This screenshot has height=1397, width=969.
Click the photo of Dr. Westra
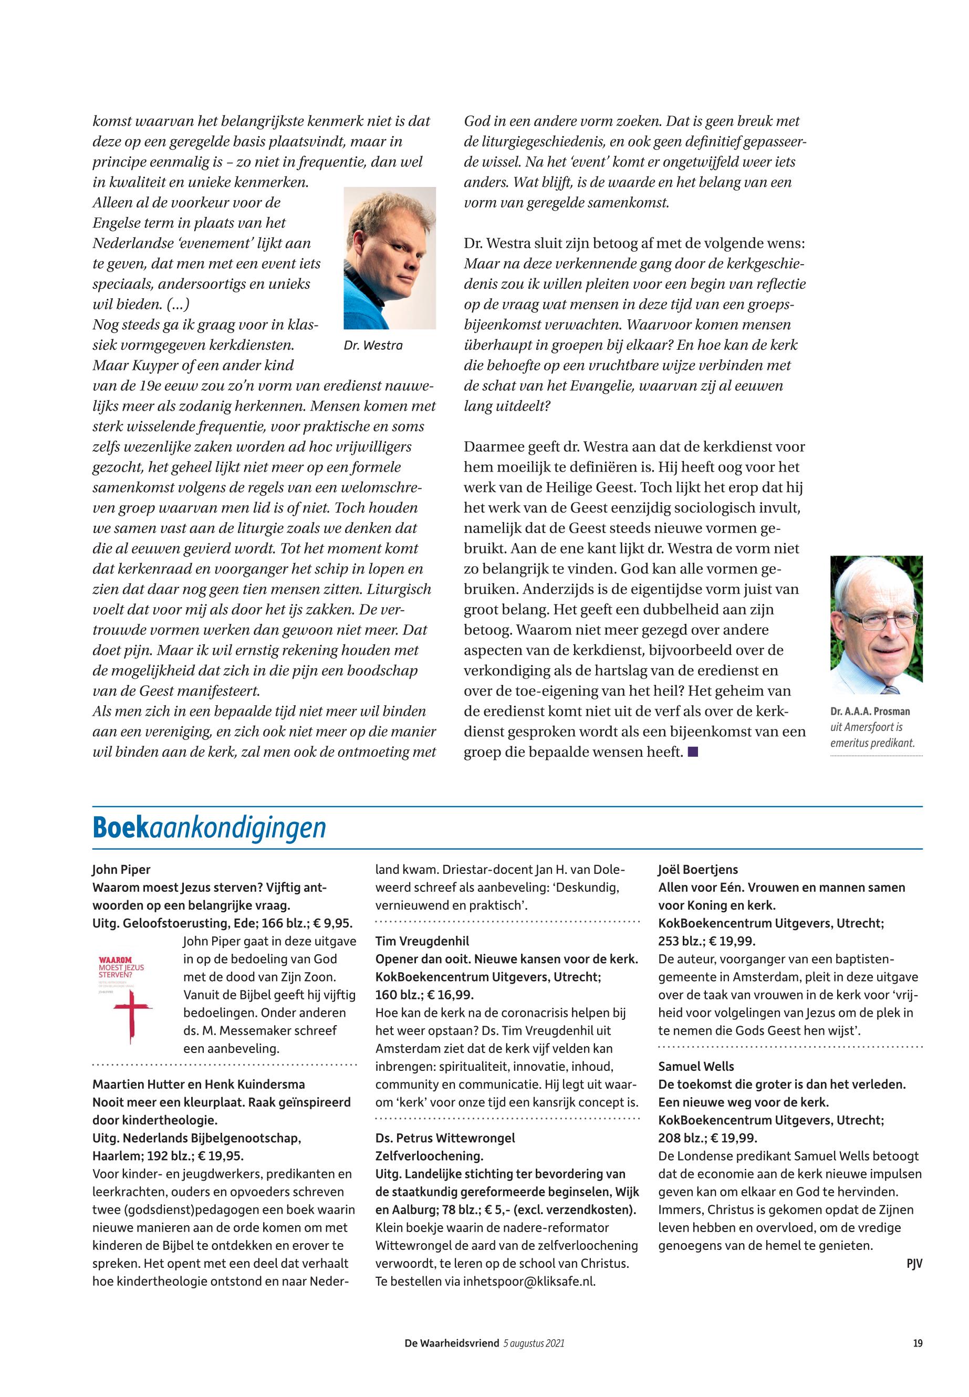click(x=389, y=258)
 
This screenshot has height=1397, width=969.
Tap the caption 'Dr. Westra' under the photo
click(x=373, y=346)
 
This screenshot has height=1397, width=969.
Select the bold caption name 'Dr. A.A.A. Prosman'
click(x=870, y=712)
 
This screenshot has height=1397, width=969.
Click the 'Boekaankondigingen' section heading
click(x=209, y=828)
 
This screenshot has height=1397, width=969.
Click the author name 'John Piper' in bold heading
click(x=121, y=869)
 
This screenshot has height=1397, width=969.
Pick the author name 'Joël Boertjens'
click(x=698, y=869)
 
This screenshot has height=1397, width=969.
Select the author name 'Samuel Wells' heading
click(x=696, y=1066)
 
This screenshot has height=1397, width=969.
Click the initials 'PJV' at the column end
click(x=914, y=1264)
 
